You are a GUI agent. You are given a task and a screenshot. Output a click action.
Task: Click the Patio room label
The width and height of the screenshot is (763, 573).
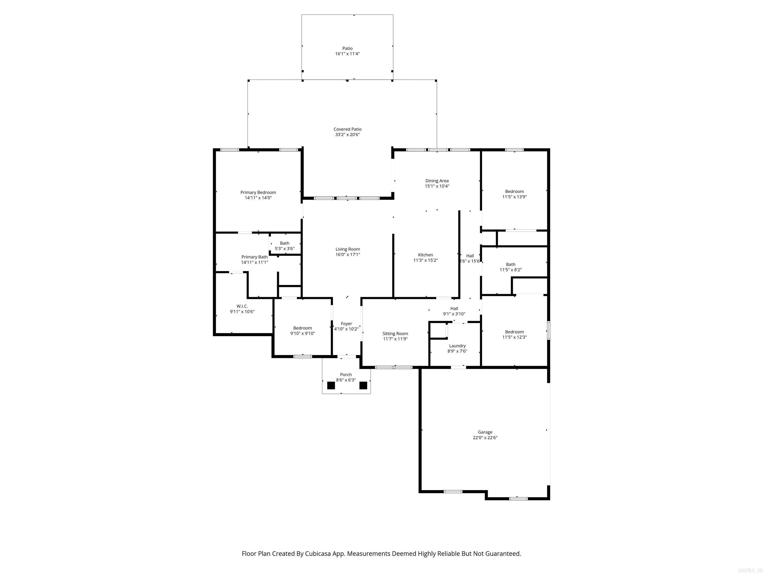(347, 48)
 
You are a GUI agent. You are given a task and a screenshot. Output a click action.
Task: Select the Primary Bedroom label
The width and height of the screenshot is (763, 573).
(258, 192)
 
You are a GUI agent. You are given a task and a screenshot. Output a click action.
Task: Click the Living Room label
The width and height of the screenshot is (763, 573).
(347, 249)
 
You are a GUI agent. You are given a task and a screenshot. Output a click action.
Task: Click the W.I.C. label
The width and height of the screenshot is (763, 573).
(242, 306)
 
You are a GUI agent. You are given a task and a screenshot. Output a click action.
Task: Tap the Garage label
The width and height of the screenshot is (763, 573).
(485, 432)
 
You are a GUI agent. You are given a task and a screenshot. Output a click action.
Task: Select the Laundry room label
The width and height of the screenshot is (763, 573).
(458, 346)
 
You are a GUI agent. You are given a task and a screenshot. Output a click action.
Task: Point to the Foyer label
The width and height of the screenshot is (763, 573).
(346, 324)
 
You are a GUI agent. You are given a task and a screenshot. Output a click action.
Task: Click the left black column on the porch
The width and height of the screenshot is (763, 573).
(331, 385)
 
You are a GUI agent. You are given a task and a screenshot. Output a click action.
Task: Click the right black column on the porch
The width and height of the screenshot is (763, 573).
(363, 385)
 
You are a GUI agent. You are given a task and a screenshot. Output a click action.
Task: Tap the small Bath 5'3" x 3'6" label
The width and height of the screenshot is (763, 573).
(285, 245)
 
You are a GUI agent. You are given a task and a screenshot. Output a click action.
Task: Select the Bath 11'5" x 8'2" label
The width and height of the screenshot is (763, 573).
(510, 267)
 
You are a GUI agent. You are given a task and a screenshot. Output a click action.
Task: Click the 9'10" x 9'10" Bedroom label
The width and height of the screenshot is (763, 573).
(303, 331)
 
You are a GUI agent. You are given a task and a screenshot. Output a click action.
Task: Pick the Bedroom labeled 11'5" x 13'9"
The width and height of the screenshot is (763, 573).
(514, 194)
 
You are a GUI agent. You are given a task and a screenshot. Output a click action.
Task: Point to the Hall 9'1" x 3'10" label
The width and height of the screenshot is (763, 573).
(454, 311)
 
